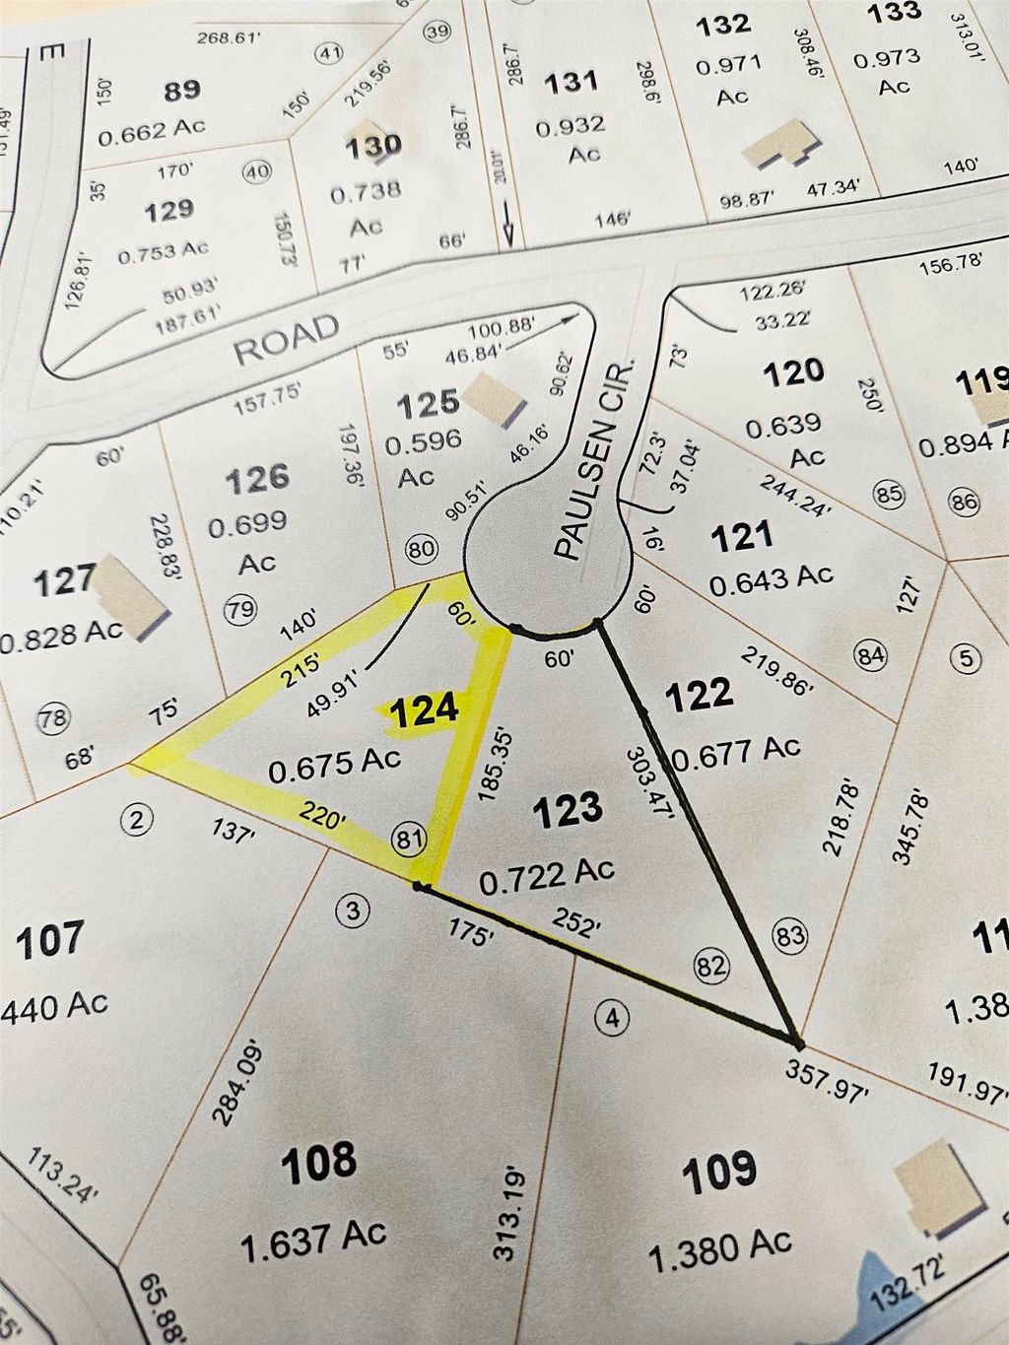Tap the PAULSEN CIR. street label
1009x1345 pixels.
pyautogui.click(x=591, y=461)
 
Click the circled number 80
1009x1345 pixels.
pyautogui.click(x=421, y=549)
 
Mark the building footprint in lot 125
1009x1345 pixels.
pyautogui.click(x=490, y=400)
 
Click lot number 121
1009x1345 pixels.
pyautogui.click(x=741, y=537)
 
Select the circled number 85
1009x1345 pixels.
pyautogui.click(x=889, y=493)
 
